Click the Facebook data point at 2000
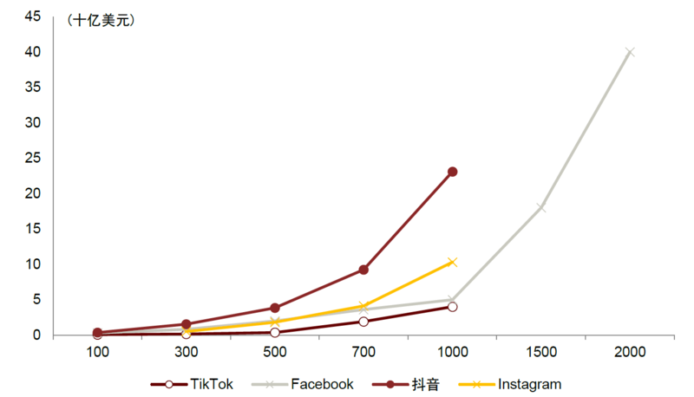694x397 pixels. (x=630, y=52)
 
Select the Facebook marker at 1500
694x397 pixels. (x=540, y=207)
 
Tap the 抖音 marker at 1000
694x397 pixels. (x=452, y=172)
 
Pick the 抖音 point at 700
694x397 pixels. (x=363, y=270)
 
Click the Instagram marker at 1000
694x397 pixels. (x=452, y=262)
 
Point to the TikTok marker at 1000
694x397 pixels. (x=452, y=307)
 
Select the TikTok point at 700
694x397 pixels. (x=363, y=322)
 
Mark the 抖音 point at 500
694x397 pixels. (x=275, y=308)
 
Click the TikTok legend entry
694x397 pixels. (x=193, y=384)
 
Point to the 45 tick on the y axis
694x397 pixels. (x=32, y=16)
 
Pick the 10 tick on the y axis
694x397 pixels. (x=32, y=264)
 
